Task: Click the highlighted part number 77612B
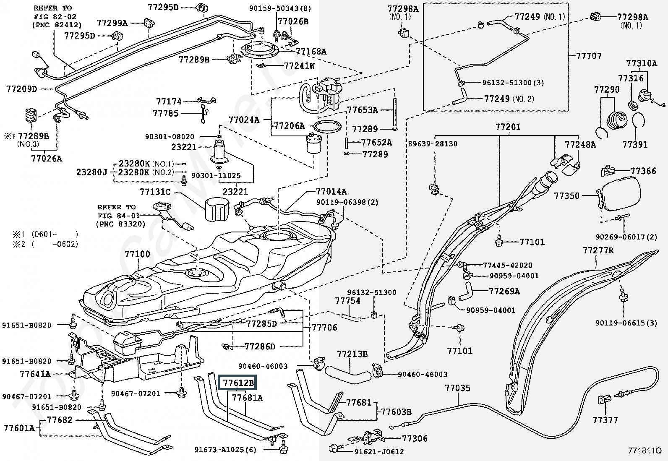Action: tap(238, 383)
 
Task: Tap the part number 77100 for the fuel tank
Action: tap(137, 255)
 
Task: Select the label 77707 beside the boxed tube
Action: tap(589, 56)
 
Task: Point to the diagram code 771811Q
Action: tap(644, 451)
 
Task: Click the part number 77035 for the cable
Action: tap(457, 388)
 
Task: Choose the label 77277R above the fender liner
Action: tap(598, 251)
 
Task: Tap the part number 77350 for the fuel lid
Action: tap(566, 196)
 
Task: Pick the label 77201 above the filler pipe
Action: tap(508, 127)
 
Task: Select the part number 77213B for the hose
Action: tap(352, 354)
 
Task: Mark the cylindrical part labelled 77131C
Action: tap(218, 210)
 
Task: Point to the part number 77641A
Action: tap(35, 374)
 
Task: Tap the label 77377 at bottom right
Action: tap(605, 420)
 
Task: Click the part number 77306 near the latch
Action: tap(415, 439)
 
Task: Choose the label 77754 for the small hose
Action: tap(347, 301)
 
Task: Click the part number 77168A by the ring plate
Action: tap(311, 52)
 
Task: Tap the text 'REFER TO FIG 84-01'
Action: tap(117, 211)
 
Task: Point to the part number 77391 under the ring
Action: tap(635, 145)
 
